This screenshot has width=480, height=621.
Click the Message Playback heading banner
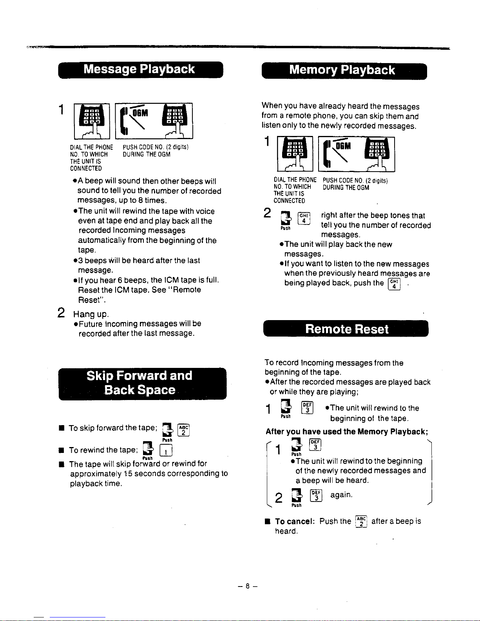pos(141,70)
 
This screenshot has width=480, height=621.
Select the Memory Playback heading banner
pos(344,71)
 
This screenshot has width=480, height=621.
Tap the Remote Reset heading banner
pos(346,329)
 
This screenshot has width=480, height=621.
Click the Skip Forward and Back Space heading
pos(143,384)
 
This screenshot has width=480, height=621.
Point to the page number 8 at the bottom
pos(247,586)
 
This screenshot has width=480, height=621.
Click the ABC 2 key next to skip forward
pos(183,430)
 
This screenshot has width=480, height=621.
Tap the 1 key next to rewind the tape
pos(166,451)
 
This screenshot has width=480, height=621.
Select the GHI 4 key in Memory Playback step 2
pos(304,218)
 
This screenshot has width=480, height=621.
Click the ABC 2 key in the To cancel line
pos(361,521)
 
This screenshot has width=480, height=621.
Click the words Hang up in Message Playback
pos(91,314)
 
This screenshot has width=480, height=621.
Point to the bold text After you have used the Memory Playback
pos(347,431)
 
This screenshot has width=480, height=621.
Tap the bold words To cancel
pos(295,521)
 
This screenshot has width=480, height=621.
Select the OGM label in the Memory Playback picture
pos(343,146)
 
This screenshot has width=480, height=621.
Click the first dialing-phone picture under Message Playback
pos(92,121)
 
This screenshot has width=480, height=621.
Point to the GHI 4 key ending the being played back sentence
pos(394,284)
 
